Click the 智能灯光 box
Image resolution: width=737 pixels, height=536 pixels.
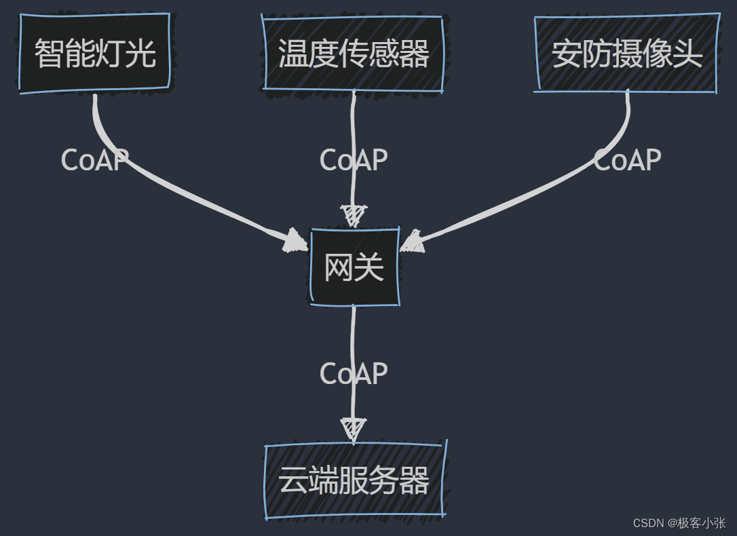coord(94,53)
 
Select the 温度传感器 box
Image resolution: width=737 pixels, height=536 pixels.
coord(354,54)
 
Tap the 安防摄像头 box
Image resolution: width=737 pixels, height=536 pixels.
coord(626,53)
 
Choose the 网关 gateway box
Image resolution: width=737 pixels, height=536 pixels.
coord(354,267)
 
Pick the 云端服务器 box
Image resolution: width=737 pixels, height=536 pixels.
coord(354,481)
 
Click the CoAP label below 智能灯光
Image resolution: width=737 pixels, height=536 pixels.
coord(94,160)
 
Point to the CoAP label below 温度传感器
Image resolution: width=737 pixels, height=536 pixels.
coord(354,160)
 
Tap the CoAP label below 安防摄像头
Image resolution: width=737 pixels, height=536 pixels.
coord(627,160)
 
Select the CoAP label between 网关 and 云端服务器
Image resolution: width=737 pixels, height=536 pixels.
coord(354,374)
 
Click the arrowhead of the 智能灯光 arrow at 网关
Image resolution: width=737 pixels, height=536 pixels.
coord(295,241)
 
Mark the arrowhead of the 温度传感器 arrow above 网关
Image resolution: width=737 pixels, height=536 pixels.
coord(353,216)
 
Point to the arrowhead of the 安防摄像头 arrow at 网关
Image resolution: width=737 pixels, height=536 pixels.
coord(412,242)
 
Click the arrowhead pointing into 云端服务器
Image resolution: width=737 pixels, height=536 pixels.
coord(353,429)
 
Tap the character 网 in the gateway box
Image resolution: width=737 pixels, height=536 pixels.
coord(338,267)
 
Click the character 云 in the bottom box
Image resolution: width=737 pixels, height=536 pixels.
coord(292,481)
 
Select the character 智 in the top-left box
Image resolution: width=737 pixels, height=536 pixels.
coord(49,54)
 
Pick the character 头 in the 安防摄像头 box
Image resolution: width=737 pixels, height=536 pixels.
coord(687,54)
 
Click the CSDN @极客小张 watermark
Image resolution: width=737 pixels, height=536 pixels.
coord(679,523)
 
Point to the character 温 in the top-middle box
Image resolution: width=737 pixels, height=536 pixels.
coord(292,54)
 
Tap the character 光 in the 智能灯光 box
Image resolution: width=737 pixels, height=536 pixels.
coord(141,54)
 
